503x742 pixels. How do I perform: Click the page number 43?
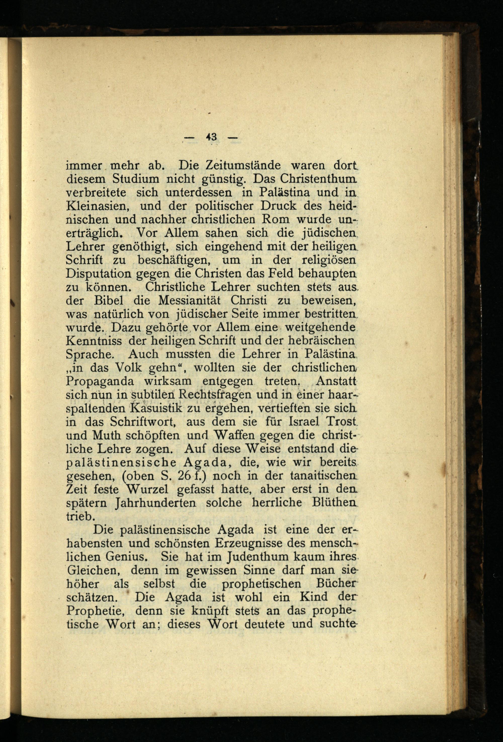pyautogui.click(x=211, y=137)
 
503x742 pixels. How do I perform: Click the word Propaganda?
pyautogui.click(x=100, y=381)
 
